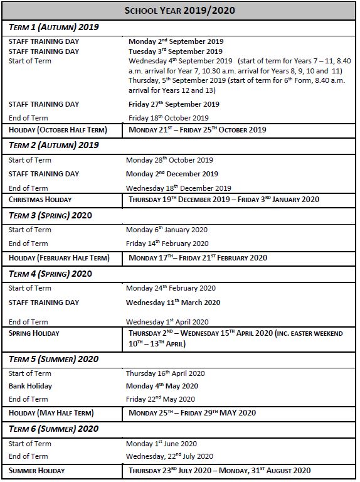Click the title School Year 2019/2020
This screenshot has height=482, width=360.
point(179,11)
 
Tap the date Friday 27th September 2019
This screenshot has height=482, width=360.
point(174,104)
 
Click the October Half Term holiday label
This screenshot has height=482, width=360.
point(58,130)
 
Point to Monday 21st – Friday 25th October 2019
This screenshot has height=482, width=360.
point(197,130)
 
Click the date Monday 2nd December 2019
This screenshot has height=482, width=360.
point(172,174)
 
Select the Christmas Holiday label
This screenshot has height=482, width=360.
point(40,200)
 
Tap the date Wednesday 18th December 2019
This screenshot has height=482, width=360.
point(178,188)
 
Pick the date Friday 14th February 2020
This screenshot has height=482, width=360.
point(167,244)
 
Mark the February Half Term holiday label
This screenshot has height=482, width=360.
point(59,258)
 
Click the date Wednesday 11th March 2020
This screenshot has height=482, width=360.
point(172,303)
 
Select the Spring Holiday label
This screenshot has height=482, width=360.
point(34,333)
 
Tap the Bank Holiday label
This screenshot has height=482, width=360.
point(30,386)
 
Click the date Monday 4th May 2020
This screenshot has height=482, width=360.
point(162,386)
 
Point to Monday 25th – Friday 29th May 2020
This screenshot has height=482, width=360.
point(192,413)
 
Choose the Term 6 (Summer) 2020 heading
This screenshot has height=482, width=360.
point(53,429)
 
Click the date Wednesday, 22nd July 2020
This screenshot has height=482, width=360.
point(169,456)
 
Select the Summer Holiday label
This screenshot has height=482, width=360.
point(36,471)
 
